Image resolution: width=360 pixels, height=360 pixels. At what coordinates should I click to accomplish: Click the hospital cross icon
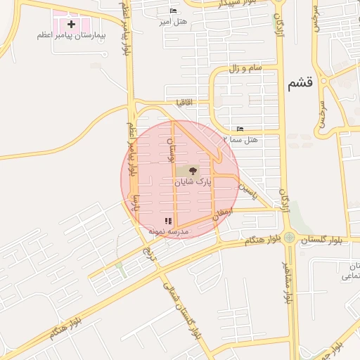(71, 24)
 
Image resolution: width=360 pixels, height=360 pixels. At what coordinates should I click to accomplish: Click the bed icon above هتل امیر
(173, 11)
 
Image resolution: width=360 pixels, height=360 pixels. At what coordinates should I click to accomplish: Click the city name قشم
(300, 84)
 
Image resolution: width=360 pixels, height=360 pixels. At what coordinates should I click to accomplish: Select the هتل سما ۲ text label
(240, 140)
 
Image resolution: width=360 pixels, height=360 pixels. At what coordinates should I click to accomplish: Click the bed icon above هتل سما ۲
(240, 129)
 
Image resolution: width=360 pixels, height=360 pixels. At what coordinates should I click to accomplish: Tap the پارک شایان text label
(193, 181)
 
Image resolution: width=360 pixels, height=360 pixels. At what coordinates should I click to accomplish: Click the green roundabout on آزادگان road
(289, 238)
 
